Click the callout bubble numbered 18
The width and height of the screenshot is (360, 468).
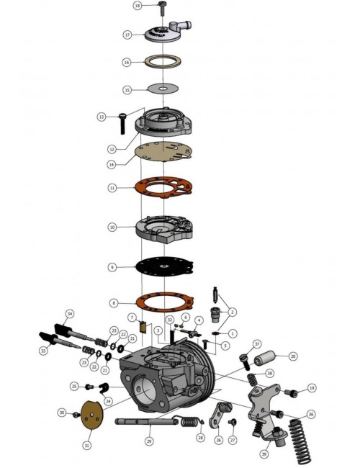point(138,6)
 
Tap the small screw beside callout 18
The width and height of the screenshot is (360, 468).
point(161,8)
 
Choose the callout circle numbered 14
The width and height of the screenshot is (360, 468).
point(112,164)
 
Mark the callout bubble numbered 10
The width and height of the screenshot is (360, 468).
point(112,227)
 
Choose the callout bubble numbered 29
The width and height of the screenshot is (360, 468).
point(149,441)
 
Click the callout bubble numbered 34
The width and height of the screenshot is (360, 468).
point(69,314)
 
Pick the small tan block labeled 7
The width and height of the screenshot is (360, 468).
point(143,330)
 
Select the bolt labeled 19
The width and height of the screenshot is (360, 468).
point(292,392)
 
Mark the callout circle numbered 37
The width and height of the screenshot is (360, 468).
point(256,343)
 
